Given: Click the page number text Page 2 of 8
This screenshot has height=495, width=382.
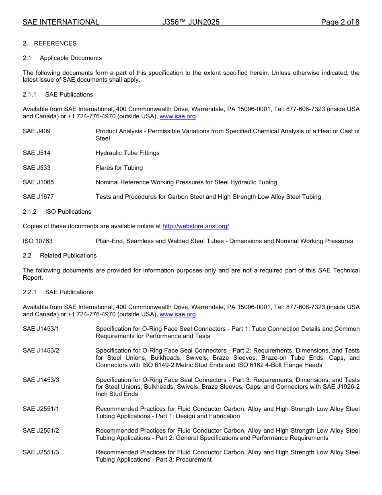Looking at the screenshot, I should (340, 22).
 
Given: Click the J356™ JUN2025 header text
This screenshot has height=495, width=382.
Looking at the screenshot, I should (191, 22).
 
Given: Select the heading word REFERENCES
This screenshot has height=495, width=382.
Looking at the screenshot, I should (55, 43).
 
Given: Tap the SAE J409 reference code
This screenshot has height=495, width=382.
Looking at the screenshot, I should (37, 131).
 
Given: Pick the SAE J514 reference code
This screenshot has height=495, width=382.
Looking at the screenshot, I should (37, 153).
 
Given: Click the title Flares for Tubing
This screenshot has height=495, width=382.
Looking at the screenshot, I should (119, 168).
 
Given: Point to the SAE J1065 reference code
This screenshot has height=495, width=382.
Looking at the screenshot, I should (38, 182).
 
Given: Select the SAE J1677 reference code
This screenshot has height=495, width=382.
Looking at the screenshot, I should (38, 197).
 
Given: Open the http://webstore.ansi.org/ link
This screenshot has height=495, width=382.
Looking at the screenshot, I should (196, 226).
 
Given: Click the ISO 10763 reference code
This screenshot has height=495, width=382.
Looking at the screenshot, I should (37, 241).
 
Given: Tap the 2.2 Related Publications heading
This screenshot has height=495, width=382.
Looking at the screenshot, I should (60, 256).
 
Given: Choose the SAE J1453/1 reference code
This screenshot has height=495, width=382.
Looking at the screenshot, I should (41, 329).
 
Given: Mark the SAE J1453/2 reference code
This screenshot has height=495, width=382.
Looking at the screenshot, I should (41, 351).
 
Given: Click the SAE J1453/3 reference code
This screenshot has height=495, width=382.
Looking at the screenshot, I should (41, 380).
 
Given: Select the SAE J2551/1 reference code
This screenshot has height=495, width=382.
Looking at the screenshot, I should (41, 409).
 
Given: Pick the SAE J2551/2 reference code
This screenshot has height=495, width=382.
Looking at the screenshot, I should (41, 431).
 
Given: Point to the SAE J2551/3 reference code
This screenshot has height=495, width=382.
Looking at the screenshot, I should (41, 452).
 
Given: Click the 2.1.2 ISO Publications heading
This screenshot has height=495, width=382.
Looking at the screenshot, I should (57, 212).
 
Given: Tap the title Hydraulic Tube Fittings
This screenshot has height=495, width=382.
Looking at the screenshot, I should (127, 153).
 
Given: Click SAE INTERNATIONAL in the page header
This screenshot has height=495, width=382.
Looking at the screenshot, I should (61, 22).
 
